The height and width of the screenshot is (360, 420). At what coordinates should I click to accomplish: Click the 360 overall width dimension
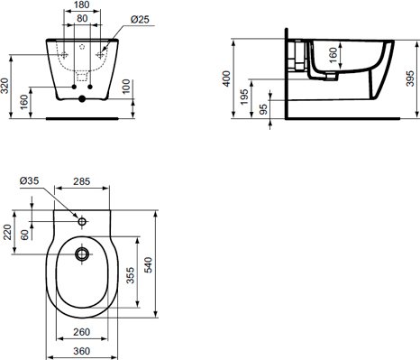pos(82,351)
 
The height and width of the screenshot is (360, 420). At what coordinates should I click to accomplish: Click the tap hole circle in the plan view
pos(82,219)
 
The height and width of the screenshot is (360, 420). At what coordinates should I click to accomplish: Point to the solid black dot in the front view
pos(82,98)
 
